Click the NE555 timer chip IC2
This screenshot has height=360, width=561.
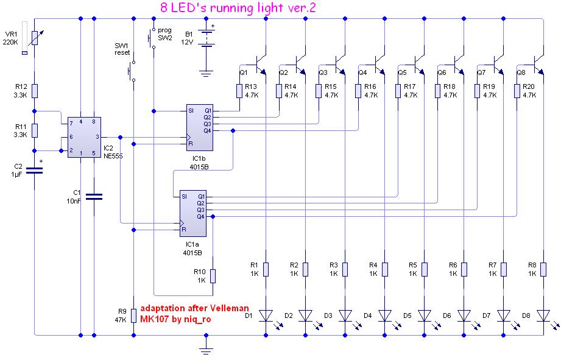(81, 137)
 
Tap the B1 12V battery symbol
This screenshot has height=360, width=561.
(206, 40)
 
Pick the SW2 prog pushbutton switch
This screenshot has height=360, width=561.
(151, 38)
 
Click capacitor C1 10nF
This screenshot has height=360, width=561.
(94, 196)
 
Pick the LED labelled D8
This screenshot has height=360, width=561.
(543, 315)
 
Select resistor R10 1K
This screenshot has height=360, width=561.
(212, 275)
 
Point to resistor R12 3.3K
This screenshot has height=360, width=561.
(35, 91)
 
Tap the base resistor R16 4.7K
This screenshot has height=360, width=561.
(359, 91)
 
